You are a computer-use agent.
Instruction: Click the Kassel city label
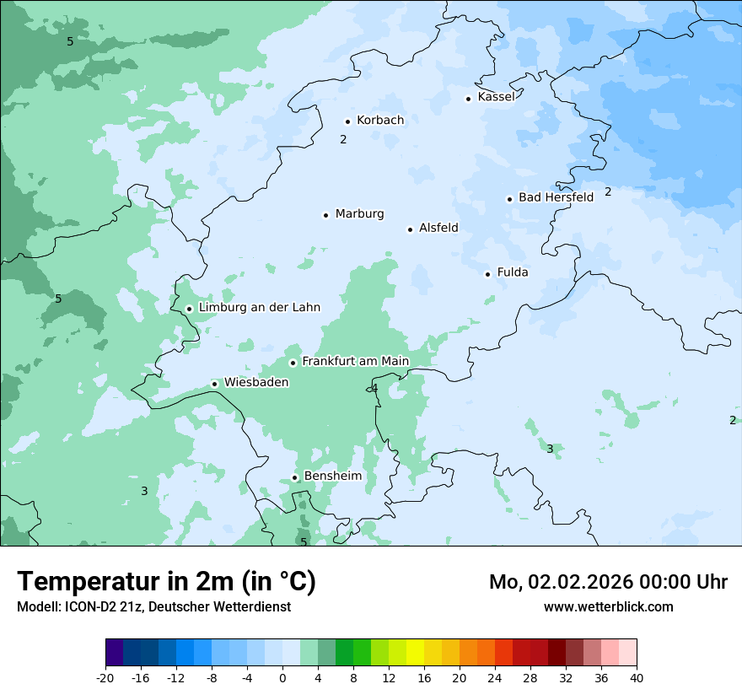click(x=496, y=97)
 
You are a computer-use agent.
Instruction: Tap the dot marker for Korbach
click(x=347, y=121)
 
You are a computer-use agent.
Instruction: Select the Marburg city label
click(x=359, y=214)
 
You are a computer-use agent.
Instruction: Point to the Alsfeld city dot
click(x=411, y=229)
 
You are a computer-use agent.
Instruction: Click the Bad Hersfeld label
click(x=556, y=197)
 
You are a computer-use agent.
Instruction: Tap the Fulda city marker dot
click(x=487, y=274)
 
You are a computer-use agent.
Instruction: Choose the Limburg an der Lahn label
click(x=259, y=308)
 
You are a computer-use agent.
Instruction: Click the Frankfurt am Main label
click(x=355, y=361)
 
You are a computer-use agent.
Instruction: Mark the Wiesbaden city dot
click(x=215, y=384)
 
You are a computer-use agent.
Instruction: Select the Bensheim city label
click(x=332, y=476)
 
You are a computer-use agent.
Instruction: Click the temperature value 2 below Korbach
click(x=343, y=139)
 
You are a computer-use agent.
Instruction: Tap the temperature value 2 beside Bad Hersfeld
click(x=608, y=192)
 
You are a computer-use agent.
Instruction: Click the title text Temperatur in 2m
click(x=166, y=582)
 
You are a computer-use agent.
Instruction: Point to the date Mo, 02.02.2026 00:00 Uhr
click(x=608, y=582)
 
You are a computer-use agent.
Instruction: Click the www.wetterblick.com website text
click(x=608, y=606)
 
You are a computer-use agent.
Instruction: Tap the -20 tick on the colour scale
click(x=105, y=677)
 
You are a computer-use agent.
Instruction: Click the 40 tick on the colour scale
click(x=636, y=677)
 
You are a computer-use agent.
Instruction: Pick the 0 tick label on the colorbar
click(x=282, y=677)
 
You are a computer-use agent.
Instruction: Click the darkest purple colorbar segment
click(x=114, y=653)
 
